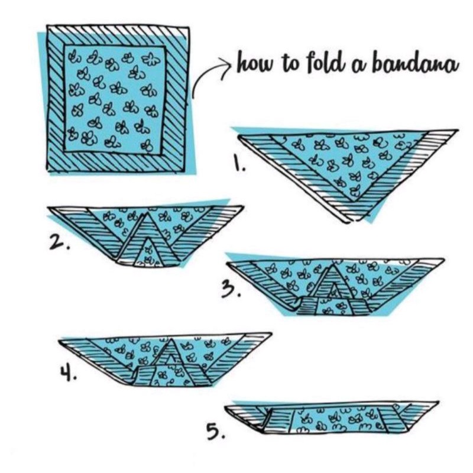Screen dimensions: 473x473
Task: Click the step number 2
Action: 59,243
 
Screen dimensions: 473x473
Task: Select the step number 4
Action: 68,372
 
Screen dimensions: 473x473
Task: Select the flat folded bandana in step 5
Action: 332,418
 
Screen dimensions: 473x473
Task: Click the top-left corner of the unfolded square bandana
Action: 47,26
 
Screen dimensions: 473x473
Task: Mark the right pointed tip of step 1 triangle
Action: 458,130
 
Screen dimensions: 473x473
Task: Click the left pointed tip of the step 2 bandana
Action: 48,208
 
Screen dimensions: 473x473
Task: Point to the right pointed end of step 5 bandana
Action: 438,402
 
